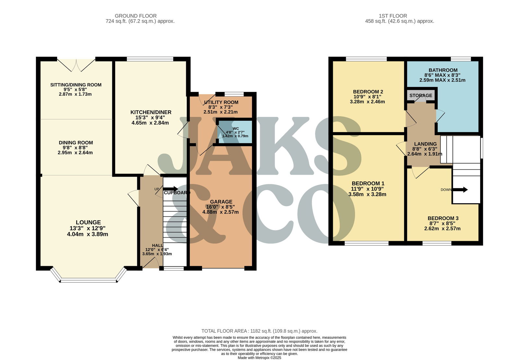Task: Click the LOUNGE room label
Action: point(88,223)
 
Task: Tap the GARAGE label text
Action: point(221,202)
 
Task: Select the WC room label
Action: point(235,129)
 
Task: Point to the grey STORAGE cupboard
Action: point(420,95)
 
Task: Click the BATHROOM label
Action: point(443,70)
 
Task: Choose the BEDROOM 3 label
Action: point(443,218)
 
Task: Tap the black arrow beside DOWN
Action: point(460,190)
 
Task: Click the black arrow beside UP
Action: point(171,189)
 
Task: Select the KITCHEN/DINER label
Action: point(151,112)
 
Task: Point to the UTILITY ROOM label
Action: point(221,103)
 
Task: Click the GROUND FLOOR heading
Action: point(136,16)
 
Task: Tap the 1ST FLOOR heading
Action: point(393,16)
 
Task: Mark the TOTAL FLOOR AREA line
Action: point(259,331)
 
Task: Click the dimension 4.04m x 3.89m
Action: point(88,234)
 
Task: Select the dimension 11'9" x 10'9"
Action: point(367,189)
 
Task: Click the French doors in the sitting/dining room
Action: point(76,65)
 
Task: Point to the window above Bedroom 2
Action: point(366,59)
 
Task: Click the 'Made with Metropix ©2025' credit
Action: point(259,358)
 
